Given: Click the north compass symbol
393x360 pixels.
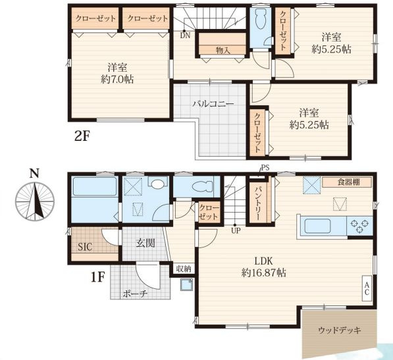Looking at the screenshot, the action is [35, 201].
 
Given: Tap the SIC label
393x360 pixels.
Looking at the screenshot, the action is [85, 247].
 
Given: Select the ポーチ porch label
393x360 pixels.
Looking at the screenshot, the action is [134, 294].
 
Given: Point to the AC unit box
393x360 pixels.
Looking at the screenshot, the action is [367, 288].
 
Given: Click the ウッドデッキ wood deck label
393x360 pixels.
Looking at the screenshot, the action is [340, 330].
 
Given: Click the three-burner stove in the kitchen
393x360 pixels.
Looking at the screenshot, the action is [359, 226].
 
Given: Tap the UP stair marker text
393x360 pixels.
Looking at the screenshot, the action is [236, 230].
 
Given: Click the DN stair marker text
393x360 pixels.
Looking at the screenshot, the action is [185, 36].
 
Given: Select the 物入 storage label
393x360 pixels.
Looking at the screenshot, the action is [223, 51].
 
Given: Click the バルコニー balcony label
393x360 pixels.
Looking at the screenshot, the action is [213, 104].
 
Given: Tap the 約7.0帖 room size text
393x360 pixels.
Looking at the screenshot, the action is [117, 80].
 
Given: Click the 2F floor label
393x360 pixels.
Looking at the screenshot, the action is [82, 136].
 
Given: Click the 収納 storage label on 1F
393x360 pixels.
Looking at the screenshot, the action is [184, 269].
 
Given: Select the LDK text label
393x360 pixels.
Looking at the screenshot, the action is [263, 261].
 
